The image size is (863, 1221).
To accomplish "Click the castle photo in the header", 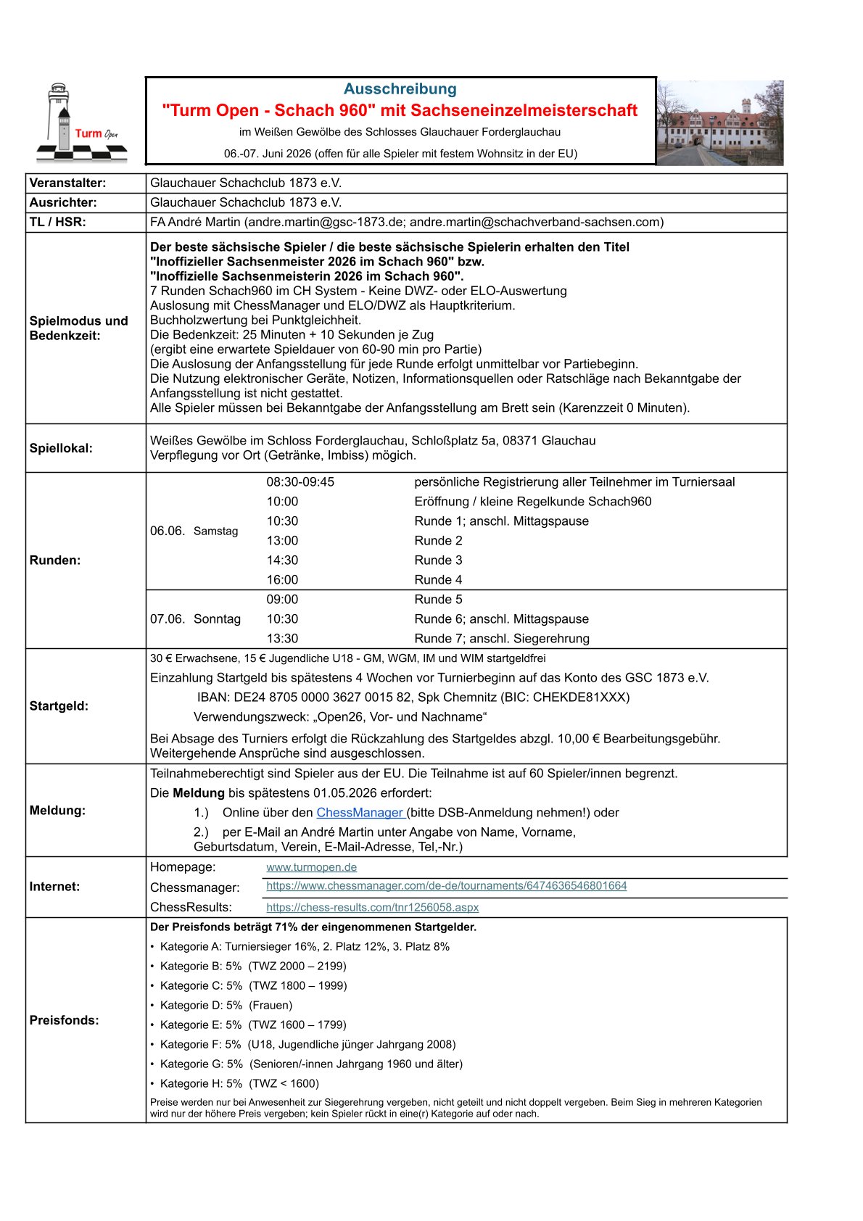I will tap(719, 123).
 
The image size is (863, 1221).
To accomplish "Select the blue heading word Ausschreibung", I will tap(400, 89).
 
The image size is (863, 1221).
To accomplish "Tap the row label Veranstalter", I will tap(67, 183).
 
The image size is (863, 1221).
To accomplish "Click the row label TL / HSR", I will tap(57, 223).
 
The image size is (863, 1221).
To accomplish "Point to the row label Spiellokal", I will tap(61, 448).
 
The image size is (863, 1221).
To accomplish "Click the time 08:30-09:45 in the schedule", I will tap(300, 482).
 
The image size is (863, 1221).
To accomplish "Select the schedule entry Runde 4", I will tap(438, 580).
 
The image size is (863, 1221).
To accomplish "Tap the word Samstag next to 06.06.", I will tap(215, 531).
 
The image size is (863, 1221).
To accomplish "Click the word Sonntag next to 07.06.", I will tap(217, 619).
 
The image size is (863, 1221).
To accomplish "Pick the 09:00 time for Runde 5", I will tap(282, 600).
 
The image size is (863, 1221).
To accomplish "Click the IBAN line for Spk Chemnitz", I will tap(413, 698).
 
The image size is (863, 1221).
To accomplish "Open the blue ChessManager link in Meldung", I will tap(360, 813).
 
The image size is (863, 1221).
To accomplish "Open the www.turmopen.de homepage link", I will tap(311, 867).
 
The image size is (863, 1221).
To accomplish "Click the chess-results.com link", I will tap(372, 908).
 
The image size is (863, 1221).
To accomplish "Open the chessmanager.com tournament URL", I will tap(446, 886).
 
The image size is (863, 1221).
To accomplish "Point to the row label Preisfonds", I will tap(64, 1020).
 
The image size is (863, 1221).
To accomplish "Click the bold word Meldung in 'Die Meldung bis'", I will tap(199, 793).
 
